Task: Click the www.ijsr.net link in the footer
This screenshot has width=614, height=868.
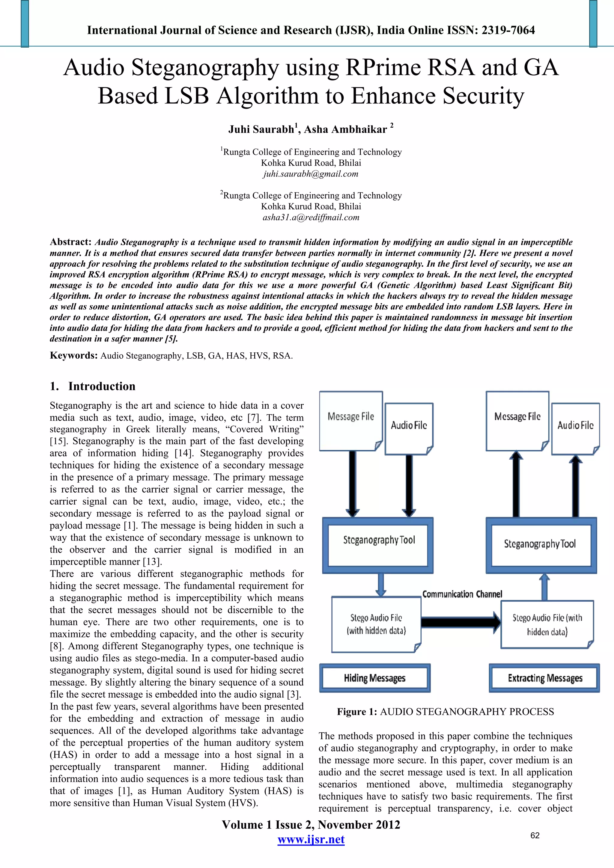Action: tap(311, 839)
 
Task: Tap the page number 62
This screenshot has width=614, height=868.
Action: tap(535, 835)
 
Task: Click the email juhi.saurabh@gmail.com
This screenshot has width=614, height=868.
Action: tap(311, 174)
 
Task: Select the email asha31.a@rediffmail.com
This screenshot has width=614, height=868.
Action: tap(311, 218)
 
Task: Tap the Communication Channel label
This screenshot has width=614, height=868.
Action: tap(462, 594)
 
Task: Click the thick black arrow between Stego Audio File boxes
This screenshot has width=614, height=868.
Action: tap(460, 622)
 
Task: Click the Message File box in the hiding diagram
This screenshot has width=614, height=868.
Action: tap(351, 420)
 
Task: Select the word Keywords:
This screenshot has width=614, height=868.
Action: tap(74, 356)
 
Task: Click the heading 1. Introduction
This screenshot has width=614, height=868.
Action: tap(93, 387)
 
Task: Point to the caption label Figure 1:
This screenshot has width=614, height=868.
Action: tap(357, 712)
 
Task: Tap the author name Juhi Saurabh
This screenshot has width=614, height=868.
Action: tap(261, 130)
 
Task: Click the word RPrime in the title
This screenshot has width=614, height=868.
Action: tap(382, 68)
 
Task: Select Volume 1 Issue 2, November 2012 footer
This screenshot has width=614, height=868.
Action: tap(311, 825)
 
